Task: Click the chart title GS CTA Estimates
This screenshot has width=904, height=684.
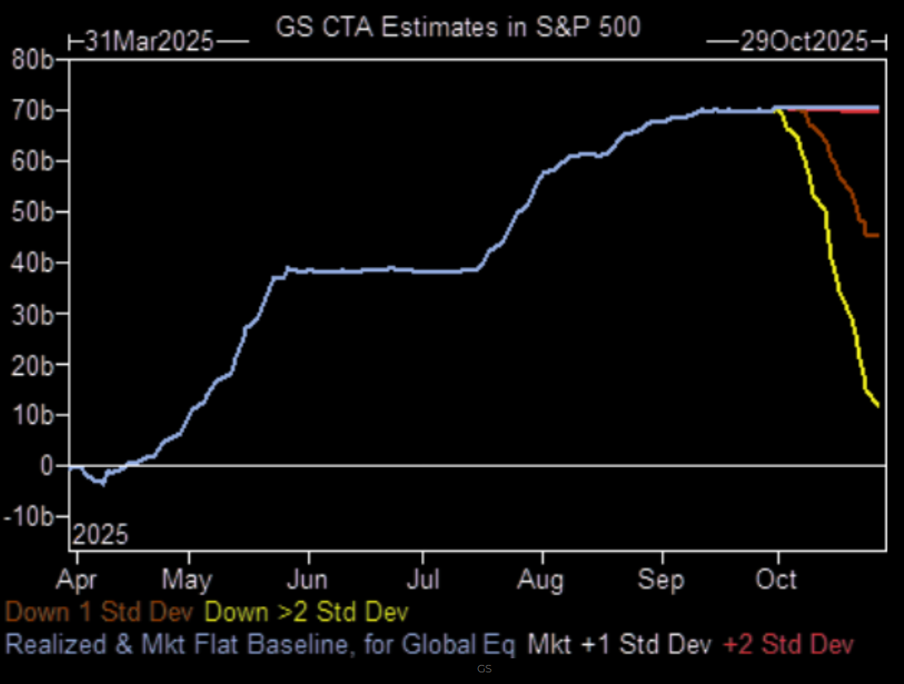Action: [457, 27]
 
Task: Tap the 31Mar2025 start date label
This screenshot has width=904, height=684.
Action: [149, 41]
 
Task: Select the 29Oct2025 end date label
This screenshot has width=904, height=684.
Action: [803, 41]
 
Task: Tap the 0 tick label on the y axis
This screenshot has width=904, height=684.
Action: [48, 467]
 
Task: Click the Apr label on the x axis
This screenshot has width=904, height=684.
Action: [81, 578]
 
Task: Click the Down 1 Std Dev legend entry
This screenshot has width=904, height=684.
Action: [99, 613]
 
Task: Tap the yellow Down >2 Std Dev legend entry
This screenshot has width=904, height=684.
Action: [307, 613]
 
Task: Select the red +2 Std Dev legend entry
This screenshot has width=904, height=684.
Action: [788, 643]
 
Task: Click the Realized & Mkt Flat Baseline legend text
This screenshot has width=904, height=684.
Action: [260, 643]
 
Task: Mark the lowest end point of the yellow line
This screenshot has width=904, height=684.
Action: [877, 405]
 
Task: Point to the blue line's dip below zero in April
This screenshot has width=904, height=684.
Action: [102, 483]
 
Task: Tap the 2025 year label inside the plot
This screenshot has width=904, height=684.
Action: [100, 535]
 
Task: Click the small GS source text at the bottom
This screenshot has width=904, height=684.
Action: [485, 668]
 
